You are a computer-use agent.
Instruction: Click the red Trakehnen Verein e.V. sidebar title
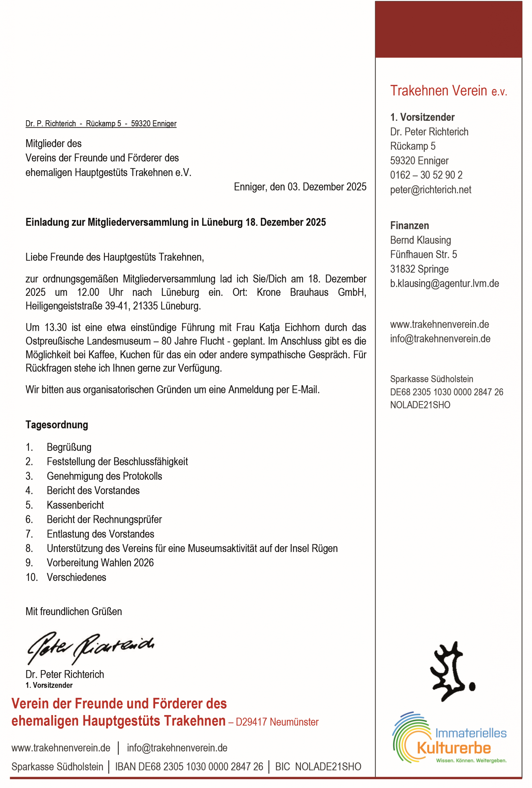pos(448,91)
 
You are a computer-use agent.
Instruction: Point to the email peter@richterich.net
pos(430,190)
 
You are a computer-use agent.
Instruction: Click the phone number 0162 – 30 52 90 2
pos(426,175)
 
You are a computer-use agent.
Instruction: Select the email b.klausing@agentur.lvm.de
pos(444,283)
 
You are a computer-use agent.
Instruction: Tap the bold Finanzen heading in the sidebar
pos(409,226)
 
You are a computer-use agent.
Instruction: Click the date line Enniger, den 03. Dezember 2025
pos(300,187)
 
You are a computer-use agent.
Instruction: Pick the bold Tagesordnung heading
pos(57,425)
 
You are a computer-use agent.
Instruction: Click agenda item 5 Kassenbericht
pos(75,505)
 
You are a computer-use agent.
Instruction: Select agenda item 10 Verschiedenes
pos(76,577)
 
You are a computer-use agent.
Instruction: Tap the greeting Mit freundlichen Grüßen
pos(74,611)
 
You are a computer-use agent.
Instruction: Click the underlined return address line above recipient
pos(101,123)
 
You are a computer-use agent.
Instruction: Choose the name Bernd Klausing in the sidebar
pos(420,240)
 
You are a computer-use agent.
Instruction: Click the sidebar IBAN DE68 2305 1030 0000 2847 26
pos(446,392)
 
